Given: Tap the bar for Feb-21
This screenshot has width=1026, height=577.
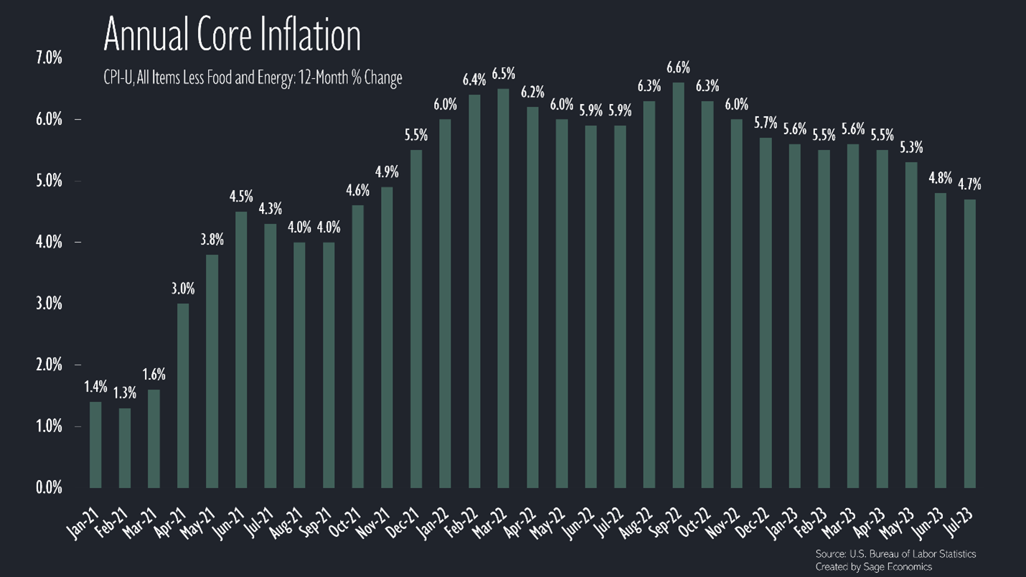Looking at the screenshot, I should coord(124,448).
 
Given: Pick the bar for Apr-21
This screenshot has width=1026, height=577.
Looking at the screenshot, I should coord(183,395).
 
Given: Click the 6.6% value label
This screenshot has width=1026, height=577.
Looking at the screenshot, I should coord(678,68).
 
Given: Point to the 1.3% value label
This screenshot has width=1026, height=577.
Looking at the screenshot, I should coord(124,393).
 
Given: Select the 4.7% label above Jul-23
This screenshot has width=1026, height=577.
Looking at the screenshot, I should coord(969,184).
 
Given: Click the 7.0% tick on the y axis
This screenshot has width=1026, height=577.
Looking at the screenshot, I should coord(49,58).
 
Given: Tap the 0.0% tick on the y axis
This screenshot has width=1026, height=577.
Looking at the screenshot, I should coord(49,488).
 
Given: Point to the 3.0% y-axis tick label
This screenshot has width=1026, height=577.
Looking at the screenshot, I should coord(49,304).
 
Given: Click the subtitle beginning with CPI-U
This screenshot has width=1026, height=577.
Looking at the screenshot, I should coord(253,78).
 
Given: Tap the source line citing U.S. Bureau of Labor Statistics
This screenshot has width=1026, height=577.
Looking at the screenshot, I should coord(895,554).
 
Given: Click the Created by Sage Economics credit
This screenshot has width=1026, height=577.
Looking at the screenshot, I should coord(873,567).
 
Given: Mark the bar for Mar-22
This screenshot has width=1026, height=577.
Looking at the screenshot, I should coord(503,288).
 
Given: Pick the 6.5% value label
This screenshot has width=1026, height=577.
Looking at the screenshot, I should coord(503,74).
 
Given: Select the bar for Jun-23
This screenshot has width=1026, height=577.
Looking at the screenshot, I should coord(940,340).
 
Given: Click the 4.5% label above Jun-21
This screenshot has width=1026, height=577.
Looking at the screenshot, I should coord(241,197).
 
